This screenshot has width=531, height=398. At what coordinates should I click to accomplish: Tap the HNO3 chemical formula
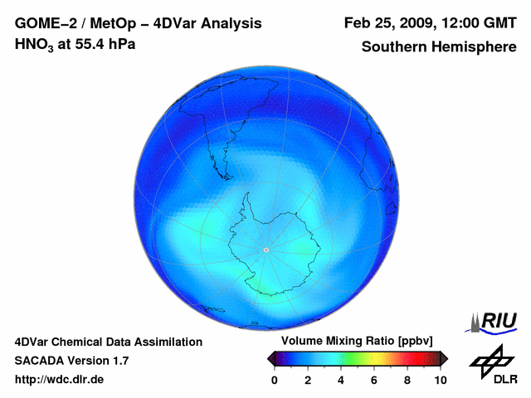[x=34, y=44]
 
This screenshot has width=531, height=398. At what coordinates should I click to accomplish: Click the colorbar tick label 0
[x=274, y=380]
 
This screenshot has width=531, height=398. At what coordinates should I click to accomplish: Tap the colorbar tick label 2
[x=307, y=380]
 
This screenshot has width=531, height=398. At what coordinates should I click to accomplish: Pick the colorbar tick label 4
[x=340, y=380]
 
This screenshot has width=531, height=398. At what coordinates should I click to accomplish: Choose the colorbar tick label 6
[x=373, y=380]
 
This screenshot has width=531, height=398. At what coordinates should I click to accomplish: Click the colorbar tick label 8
[x=407, y=380]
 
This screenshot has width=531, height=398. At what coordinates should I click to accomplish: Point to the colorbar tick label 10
[x=440, y=380]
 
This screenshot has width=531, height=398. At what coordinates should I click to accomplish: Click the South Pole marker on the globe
[x=265, y=250]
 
